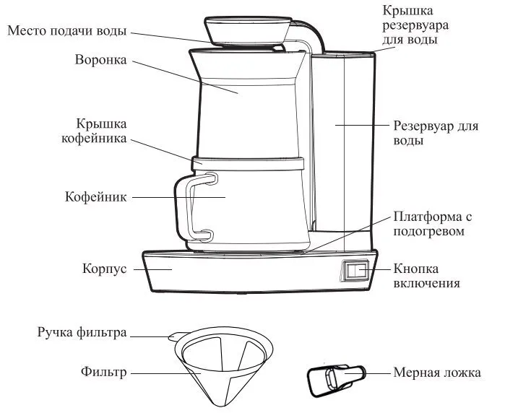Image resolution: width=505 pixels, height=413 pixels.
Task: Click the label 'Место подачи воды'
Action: (x=67, y=31)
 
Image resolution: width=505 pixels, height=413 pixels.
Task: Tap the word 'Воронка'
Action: (x=100, y=60)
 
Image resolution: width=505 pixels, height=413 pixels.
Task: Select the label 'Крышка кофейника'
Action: (x=101, y=130)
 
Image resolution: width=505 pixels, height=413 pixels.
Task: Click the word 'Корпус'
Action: (x=105, y=269)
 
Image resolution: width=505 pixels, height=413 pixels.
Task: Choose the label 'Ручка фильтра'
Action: (x=82, y=333)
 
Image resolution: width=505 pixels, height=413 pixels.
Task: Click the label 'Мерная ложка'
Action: (x=436, y=373)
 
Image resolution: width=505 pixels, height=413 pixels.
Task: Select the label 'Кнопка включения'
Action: (x=426, y=276)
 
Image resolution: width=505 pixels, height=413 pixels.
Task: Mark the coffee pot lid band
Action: (x=246, y=162)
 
